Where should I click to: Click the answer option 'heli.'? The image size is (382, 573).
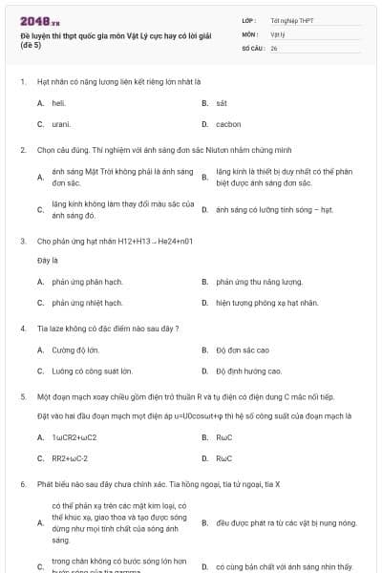(x=58, y=102)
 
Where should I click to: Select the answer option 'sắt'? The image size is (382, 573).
(x=222, y=102)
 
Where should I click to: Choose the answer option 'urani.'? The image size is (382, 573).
(x=61, y=124)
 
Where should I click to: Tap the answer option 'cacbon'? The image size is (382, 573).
(x=228, y=124)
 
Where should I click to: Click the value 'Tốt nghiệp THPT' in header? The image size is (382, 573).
(x=292, y=19)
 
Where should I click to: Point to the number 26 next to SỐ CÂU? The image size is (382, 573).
(x=274, y=47)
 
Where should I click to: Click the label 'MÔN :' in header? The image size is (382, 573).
(x=250, y=32)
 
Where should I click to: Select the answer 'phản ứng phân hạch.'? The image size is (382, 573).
(x=87, y=282)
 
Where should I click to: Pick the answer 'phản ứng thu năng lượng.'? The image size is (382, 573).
(x=259, y=282)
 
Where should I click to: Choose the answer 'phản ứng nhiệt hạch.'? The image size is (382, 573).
(x=87, y=303)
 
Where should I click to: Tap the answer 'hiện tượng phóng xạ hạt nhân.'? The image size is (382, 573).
(x=266, y=303)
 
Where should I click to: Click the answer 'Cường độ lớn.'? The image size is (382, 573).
(x=75, y=350)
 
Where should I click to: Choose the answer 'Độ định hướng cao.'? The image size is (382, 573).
(x=248, y=371)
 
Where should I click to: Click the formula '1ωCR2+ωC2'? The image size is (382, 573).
(x=74, y=437)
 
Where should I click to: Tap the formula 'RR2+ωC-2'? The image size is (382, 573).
(x=70, y=458)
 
